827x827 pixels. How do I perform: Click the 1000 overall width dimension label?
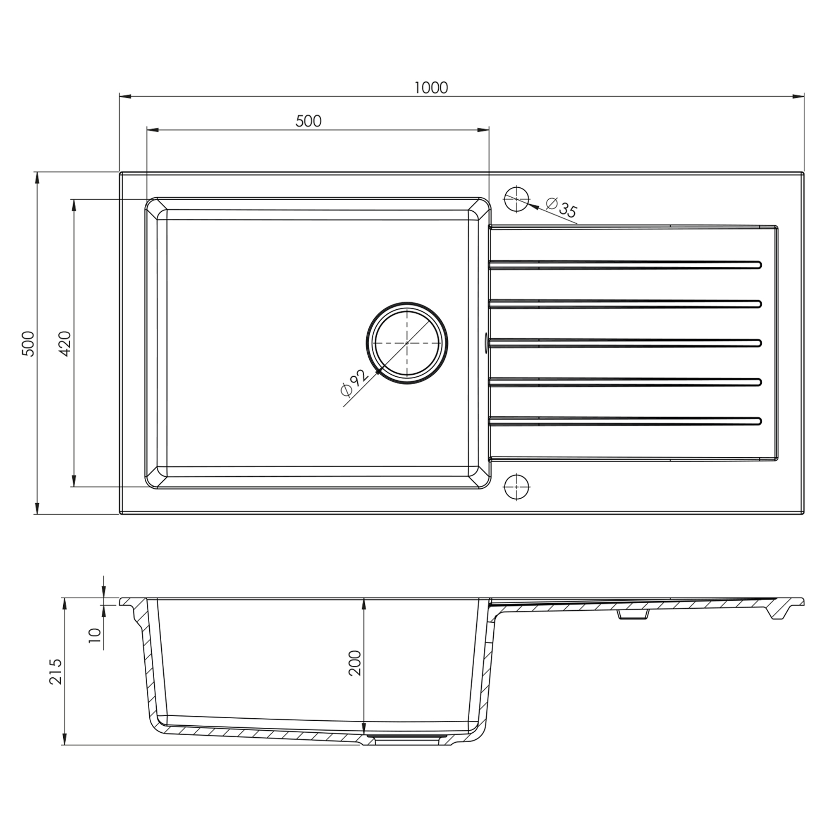click(x=431, y=88)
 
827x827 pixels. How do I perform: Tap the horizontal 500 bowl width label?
click(x=308, y=121)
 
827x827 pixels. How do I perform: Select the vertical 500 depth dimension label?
click(x=28, y=343)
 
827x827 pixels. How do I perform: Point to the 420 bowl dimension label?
click(x=65, y=343)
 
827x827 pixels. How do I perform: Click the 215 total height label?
click(x=56, y=672)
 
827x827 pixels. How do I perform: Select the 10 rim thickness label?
click(x=94, y=636)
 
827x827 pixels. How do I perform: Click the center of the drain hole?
click(x=406, y=343)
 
